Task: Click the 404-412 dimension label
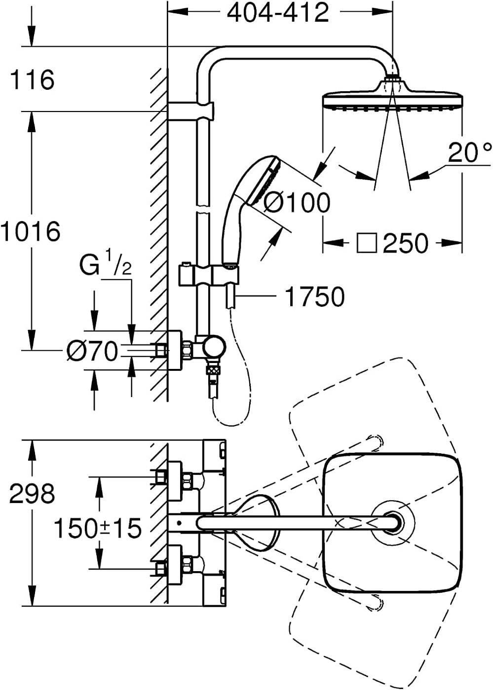click(x=278, y=13)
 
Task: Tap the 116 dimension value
click(x=32, y=80)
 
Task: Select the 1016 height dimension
click(x=30, y=231)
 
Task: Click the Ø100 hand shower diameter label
click(x=297, y=203)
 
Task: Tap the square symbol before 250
click(x=367, y=243)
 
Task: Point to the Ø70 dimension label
click(x=92, y=351)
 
